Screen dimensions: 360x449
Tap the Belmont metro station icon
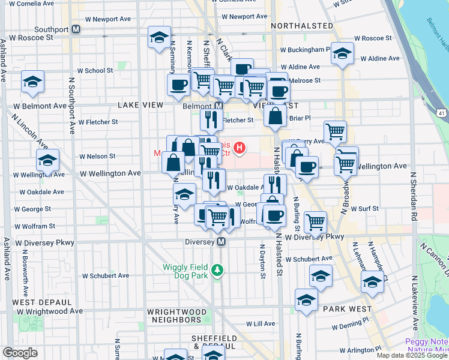point(219,106)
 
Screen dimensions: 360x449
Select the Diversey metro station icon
point(221,242)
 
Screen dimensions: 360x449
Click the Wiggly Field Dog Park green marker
point(220,271)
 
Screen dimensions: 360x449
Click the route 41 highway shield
point(441,113)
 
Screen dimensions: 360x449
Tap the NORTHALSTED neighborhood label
point(302,26)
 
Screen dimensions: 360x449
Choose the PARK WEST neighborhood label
point(339,308)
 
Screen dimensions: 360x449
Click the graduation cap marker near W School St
point(32,82)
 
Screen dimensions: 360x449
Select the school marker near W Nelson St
point(47,160)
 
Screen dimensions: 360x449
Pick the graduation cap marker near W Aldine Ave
point(342,53)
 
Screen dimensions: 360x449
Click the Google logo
point(20,353)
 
